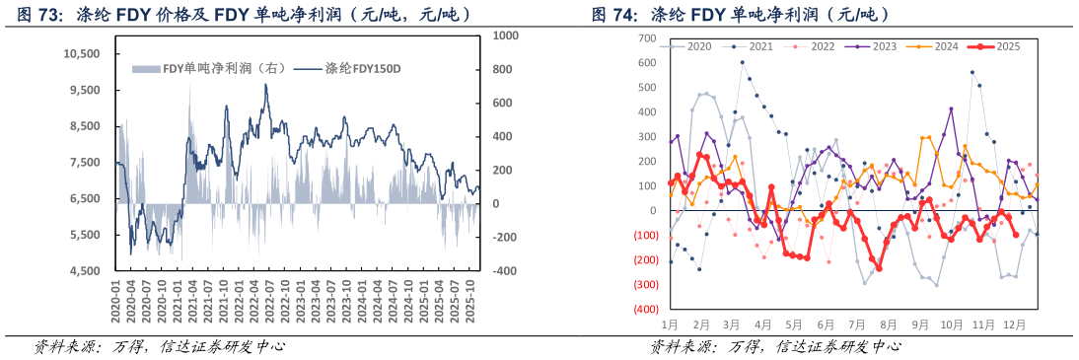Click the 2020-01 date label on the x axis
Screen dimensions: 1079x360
click(117, 298)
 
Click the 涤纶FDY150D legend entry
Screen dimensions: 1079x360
click(338, 68)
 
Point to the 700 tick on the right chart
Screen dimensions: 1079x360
click(648, 37)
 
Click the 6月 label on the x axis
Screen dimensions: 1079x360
click(826, 324)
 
